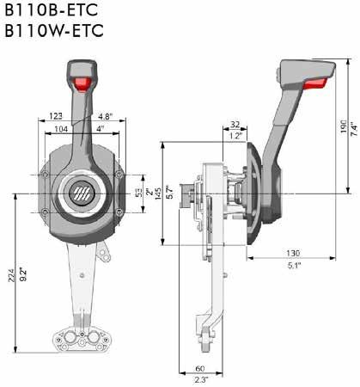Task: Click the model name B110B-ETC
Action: point(52,10)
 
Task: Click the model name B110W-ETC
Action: point(54,31)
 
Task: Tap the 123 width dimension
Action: point(56,116)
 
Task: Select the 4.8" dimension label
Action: point(106,116)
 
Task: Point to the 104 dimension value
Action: point(61,129)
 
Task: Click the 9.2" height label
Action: point(24,274)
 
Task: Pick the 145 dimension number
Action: point(158,193)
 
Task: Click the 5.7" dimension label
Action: point(170,193)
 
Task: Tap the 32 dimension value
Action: point(235,125)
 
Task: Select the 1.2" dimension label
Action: point(235,136)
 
